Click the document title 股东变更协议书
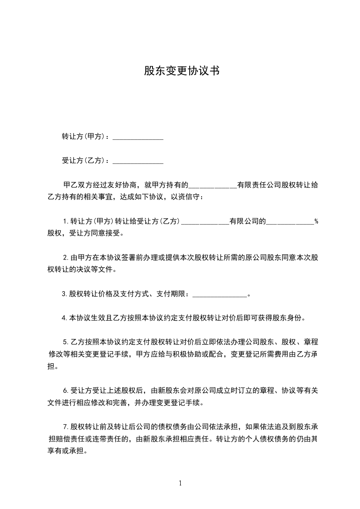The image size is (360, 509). tap(181, 71)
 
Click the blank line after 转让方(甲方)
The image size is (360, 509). tap(138, 137)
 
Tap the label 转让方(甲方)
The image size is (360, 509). tap(84, 137)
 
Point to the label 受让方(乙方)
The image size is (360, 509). tap(84, 161)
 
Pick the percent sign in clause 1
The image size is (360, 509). tap(316, 222)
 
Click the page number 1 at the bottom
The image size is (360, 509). tap(180, 483)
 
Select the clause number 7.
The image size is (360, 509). tap(65, 426)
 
